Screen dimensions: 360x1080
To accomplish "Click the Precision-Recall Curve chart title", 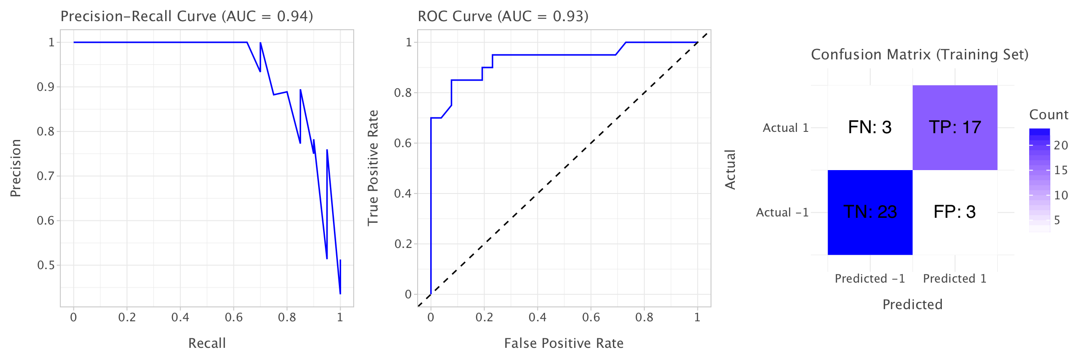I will (x=187, y=16).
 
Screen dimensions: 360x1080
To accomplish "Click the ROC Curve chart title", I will (x=503, y=16).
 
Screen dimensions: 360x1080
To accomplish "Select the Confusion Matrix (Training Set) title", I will (x=919, y=54).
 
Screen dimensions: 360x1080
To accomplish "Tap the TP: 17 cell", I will (x=954, y=127).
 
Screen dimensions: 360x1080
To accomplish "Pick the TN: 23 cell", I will (x=870, y=212).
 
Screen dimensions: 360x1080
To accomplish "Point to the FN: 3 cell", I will (x=870, y=127).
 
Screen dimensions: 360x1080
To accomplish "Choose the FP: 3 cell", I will (x=954, y=212).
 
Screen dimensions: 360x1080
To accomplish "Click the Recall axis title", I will (x=207, y=343).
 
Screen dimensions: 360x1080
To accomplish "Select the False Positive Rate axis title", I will (x=563, y=343).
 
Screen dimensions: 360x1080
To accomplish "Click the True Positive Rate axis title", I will (x=373, y=168).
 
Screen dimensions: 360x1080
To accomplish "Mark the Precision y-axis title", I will (x=16, y=168).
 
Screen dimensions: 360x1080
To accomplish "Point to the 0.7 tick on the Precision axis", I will (x=45, y=176).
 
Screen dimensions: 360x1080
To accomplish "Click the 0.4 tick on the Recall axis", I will (x=180, y=318).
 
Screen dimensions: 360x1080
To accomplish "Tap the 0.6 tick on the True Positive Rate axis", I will (x=403, y=143).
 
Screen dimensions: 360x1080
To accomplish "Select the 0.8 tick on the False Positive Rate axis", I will (x=644, y=318).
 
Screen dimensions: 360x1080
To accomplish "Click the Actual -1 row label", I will (x=782, y=212).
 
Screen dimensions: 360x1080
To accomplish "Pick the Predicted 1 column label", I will (x=954, y=279).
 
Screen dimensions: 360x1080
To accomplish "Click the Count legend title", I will (x=1048, y=115).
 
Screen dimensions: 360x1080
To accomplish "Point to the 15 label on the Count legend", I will (x=1061, y=170).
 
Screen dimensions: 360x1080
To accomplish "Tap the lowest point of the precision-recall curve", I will (x=340, y=294).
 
